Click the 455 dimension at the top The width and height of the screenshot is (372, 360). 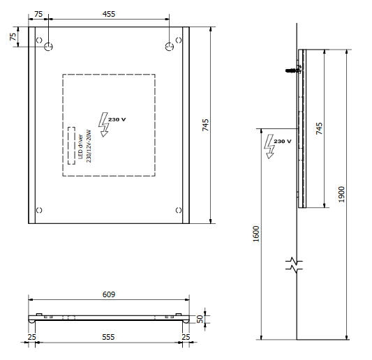point(109,14)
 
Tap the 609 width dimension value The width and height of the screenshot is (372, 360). point(109,294)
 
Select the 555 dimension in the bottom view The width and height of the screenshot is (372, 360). point(108,337)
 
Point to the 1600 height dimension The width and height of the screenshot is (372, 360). point(256,234)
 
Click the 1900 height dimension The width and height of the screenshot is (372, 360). point(341,194)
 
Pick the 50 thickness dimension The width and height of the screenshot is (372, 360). point(200,319)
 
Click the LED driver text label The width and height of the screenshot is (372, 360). point(81,147)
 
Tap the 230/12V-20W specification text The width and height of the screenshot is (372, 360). point(89,146)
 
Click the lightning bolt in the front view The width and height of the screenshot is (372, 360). point(104,124)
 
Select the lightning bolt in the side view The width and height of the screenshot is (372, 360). point(269,147)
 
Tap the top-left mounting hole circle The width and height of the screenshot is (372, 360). point(48,47)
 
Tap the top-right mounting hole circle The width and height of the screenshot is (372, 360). point(169,47)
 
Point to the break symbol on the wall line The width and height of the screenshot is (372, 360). point(295,265)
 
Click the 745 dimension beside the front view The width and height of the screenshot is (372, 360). point(205,125)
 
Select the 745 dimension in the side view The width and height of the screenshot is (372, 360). point(320,128)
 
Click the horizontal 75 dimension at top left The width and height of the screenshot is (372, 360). point(38,14)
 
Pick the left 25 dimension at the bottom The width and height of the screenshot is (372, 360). point(32,337)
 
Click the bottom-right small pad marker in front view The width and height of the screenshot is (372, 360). point(179,210)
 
